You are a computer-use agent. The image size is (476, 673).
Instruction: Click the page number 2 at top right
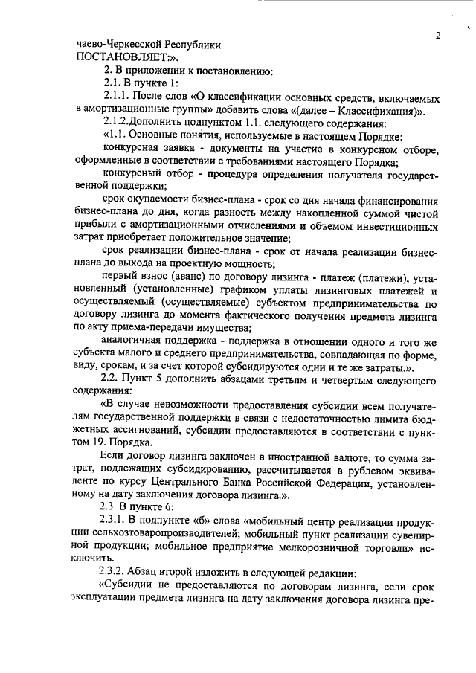(x=438, y=36)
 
